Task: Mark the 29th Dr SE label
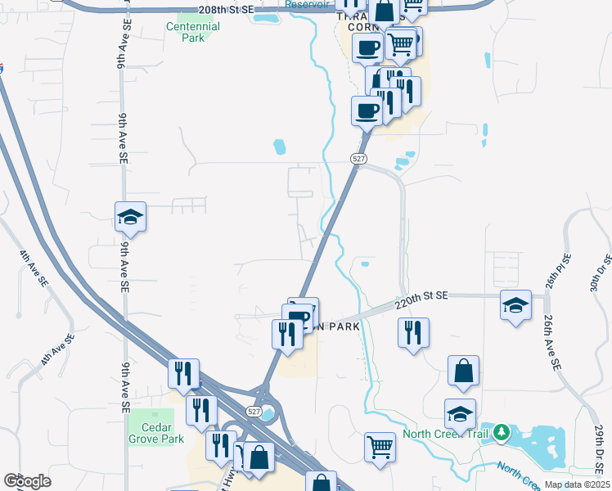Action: pyautogui.click(x=600, y=447)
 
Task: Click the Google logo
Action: pyautogui.click(x=27, y=481)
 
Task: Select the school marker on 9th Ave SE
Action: pyautogui.click(x=130, y=218)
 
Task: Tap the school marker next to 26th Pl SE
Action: pyautogui.click(x=515, y=306)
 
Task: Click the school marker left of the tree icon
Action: pyautogui.click(x=460, y=414)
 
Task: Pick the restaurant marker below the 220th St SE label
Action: pyautogui.click(x=413, y=333)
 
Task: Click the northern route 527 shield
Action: pyautogui.click(x=358, y=159)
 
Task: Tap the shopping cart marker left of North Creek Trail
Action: pyautogui.click(x=380, y=448)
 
